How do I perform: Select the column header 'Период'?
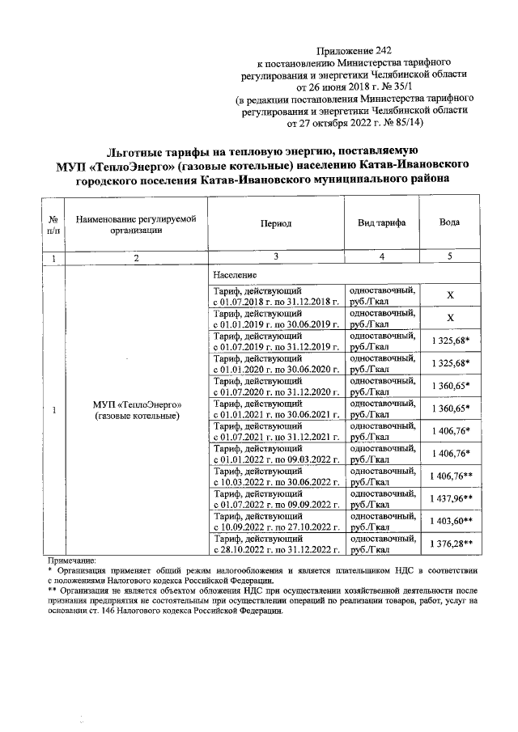pos(276,223)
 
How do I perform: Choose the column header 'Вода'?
pos(450,223)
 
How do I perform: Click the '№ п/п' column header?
pos(53,223)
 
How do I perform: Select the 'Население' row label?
pos(235,276)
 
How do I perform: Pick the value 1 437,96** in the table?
pos(451,499)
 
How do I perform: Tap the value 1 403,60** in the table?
pos(451,522)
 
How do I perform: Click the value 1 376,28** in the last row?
pos(451,544)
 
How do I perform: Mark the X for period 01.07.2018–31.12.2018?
pos(451,295)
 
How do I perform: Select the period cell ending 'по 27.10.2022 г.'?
pos(275,527)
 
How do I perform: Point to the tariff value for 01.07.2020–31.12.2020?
pos(451,386)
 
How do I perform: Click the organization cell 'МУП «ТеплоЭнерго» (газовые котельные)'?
pos(136,409)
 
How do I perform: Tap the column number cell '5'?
pos(450,257)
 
